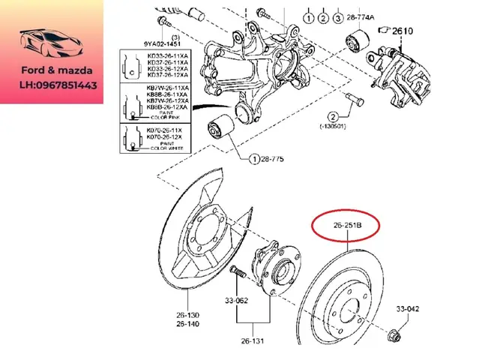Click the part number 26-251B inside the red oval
click(x=346, y=224)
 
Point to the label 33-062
click(x=237, y=301)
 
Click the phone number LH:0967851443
click(x=58, y=86)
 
